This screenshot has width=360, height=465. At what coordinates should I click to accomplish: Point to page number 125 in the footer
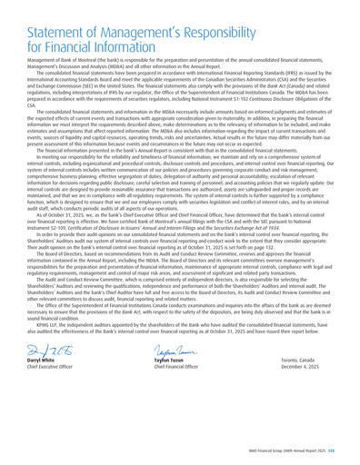pyautogui.click(x=351, y=453)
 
